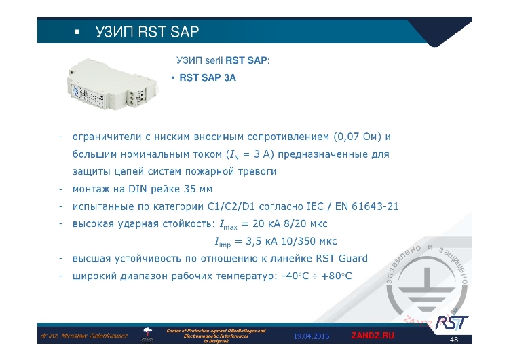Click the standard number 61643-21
point(369,206)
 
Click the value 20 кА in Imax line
point(269,223)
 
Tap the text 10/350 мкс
point(312,241)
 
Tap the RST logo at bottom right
point(451,321)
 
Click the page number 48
point(454,340)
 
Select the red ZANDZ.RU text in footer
point(372,336)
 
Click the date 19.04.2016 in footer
point(312,336)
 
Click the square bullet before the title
point(76,32)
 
